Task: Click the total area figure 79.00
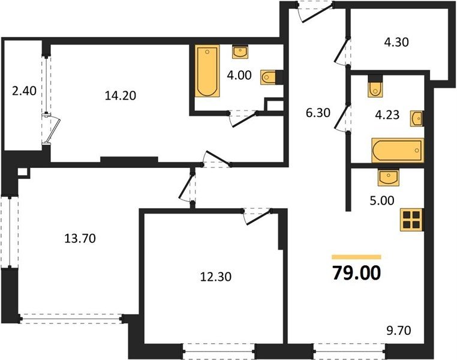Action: pos(356,273)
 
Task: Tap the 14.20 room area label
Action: pos(121,95)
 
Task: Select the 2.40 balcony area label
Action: pos(24,91)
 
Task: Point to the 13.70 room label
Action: pos(80,239)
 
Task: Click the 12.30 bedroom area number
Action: pos(216,277)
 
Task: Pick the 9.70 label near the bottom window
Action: pos(399,331)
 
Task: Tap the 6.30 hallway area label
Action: pos(318,113)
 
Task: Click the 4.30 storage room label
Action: pos(396,42)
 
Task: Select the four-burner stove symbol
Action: pos(412,220)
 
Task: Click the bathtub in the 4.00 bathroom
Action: pos(208,71)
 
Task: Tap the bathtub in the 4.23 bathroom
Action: pos(398,151)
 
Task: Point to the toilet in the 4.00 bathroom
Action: pos(268,77)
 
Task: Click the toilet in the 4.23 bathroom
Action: pos(375,89)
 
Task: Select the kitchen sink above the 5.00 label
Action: pos(389,177)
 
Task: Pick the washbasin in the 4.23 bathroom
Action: pos(417,118)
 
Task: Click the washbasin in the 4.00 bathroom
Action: pos(240,52)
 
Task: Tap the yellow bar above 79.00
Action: pos(356,257)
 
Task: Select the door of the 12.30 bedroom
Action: pos(257,217)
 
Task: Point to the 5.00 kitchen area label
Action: pos(382,200)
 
